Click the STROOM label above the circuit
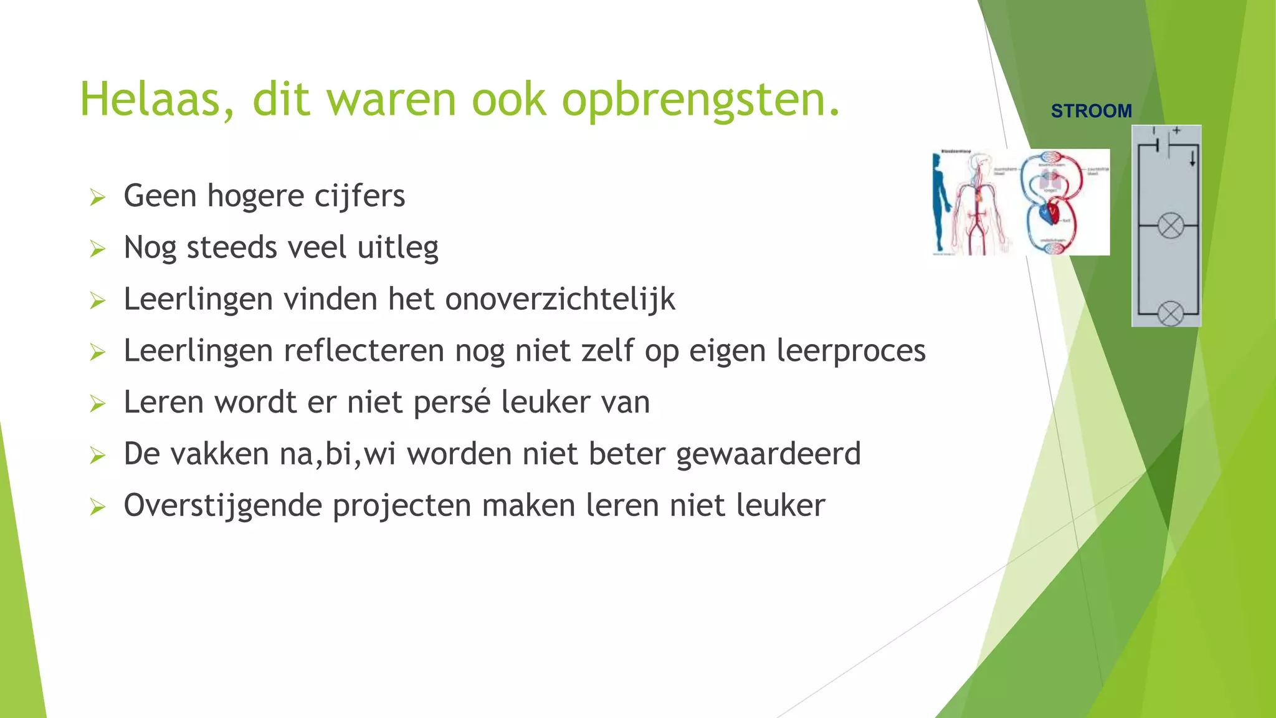tap(1091, 111)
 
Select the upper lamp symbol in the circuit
tap(1170, 225)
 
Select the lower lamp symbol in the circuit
tap(1170, 314)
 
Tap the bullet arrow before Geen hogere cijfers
tap(97, 198)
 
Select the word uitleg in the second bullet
tap(398, 248)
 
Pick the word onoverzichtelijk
tap(559, 299)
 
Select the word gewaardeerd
tap(768, 454)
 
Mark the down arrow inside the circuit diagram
tap(1193, 160)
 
